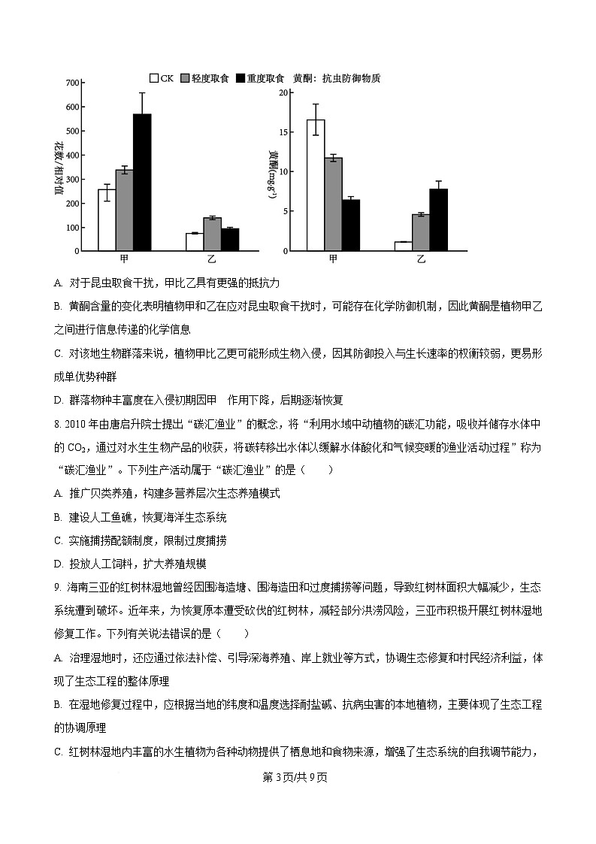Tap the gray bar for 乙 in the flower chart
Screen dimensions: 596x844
(212, 234)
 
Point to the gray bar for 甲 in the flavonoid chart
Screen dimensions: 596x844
(333, 204)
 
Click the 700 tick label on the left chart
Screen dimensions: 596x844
(72, 83)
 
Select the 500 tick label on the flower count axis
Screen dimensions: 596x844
(72, 131)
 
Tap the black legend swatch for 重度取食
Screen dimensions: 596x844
(241, 78)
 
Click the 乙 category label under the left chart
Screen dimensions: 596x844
(211, 259)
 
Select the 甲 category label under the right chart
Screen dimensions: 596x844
(333, 259)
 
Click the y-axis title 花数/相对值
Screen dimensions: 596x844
(59, 167)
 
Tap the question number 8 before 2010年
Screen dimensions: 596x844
(57, 423)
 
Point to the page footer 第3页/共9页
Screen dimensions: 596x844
(297, 777)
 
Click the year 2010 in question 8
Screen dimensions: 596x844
(76, 423)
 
